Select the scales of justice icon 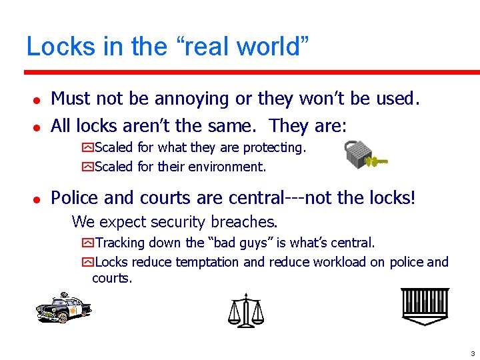(x=246, y=310)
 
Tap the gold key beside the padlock (x=379, y=161)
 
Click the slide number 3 (x=471, y=353)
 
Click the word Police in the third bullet (x=74, y=197)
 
